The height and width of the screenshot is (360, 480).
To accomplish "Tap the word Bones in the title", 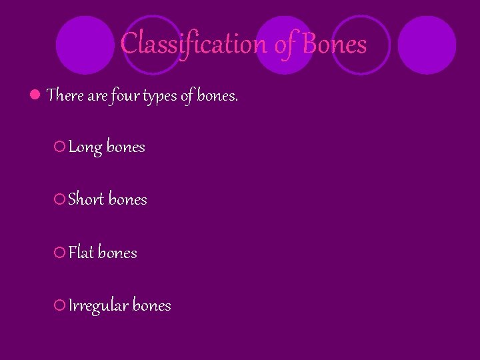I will (x=335, y=44).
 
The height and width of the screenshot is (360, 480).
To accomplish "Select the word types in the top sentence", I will (x=175, y=97).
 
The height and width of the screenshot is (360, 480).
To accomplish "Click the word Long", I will (x=85, y=147).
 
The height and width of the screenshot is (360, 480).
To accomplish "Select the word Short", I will (x=86, y=199).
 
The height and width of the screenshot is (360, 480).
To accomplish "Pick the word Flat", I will (x=82, y=253).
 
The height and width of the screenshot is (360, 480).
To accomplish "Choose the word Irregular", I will (x=99, y=306).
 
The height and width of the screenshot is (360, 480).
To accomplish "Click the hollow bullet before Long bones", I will (x=59, y=147).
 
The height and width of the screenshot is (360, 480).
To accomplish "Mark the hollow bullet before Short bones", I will (x=59, y=199).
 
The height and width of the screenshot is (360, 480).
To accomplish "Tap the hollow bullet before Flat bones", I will (x=59, y=253).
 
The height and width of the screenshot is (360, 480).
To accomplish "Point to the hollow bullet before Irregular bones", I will (x=59, y=305).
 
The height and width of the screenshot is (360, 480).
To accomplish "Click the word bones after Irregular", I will (x=152, y=305).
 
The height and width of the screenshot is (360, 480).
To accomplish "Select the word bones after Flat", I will (x=117, y=253).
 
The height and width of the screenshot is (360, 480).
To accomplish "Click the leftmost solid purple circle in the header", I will (x=85, y=45).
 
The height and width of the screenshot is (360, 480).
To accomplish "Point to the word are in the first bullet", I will (x=97, y=96).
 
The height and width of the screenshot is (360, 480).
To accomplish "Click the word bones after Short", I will (x=127, y=199).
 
